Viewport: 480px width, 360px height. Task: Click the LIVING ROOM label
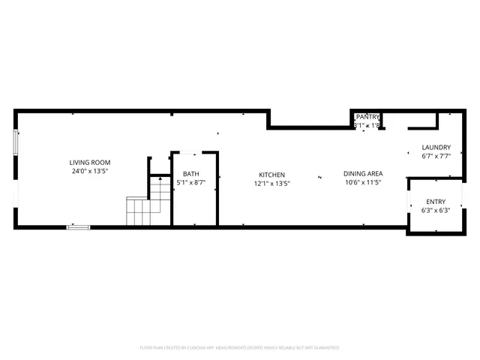[90, 163]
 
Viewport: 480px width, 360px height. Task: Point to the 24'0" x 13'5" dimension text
[90, 171]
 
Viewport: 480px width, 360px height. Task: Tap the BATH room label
[190, 174]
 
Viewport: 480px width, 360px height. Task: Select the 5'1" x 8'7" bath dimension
[190, 182]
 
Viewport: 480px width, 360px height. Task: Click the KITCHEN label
[271, 175]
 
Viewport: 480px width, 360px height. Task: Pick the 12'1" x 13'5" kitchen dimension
[271, 183]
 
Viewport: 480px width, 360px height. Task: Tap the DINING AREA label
[364, 174]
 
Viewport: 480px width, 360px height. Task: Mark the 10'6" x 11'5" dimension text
[364, 182]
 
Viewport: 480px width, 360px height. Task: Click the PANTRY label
[367, 117]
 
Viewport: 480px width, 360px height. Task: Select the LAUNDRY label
[436, 148]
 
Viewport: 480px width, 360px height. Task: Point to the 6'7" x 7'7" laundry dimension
[436, 157]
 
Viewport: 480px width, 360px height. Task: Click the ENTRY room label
[435, 202]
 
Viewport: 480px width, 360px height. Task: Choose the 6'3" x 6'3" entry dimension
[435, 211]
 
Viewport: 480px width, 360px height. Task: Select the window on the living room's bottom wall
[78, 226]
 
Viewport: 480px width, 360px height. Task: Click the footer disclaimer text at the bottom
[240, 348]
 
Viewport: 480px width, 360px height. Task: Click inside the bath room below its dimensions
[193, 206]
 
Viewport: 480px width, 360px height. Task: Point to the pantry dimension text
[367, 125]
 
